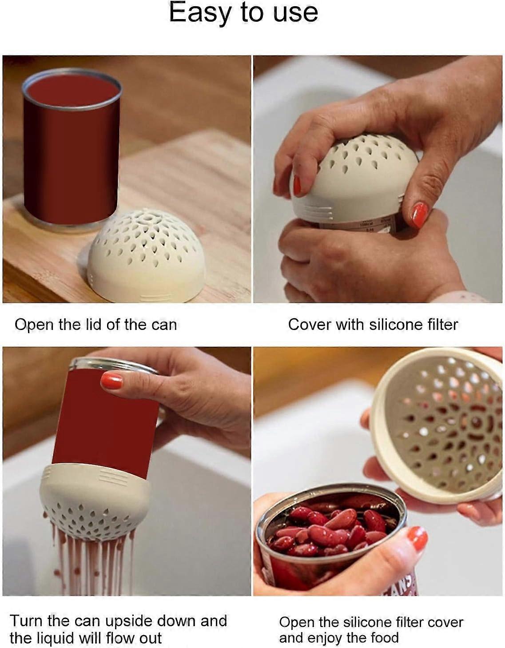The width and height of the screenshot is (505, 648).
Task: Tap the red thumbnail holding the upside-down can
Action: [111, 381]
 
